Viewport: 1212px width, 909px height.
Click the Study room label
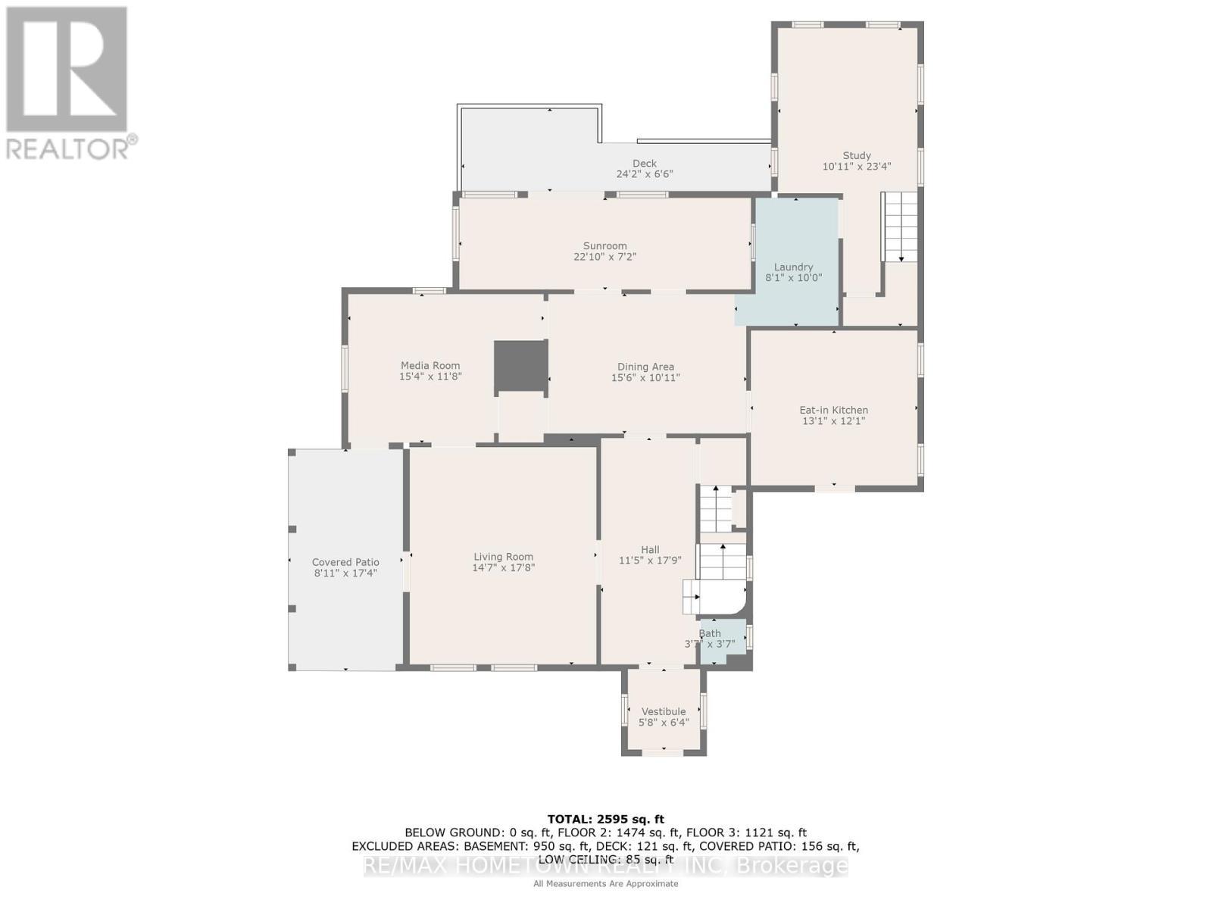coord(857,155)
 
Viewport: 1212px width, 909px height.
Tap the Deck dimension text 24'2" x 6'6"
coord(644,174)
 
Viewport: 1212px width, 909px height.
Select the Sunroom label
coord(604,245)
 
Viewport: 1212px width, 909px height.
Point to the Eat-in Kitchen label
coord(833,410)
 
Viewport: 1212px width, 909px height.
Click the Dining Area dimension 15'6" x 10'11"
coord(645,377)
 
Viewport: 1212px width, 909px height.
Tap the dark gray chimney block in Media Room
coord(520,367)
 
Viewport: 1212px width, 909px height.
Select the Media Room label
coord(430,365)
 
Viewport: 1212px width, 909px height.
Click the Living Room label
coord(504,556)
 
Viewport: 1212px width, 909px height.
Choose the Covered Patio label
coord(345,562)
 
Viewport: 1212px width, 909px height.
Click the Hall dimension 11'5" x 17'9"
coord(650,561)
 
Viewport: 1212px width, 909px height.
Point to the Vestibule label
coord(664,711)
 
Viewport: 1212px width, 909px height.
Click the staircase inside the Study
coord(899,226)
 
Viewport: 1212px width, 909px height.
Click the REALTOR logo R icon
coord(67,70)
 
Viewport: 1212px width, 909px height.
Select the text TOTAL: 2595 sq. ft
coord(605,819)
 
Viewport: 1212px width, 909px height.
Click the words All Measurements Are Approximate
coord(605,883)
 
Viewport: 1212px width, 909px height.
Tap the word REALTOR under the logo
coord(68,148)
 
